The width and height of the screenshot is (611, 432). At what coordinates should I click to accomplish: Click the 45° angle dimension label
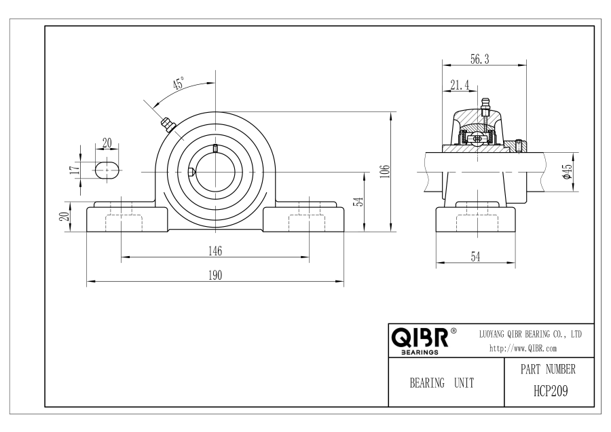179,84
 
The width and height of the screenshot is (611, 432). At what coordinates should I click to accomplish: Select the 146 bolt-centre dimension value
215,251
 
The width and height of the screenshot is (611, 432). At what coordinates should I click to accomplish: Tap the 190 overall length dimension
215,275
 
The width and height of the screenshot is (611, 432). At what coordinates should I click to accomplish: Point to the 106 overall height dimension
385,172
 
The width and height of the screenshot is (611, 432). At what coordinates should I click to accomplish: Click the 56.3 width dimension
480,59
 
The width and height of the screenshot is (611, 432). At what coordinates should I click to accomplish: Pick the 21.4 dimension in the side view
460,85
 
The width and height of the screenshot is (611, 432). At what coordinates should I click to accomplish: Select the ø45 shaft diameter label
567,171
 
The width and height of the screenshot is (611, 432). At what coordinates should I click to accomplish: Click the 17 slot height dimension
74,170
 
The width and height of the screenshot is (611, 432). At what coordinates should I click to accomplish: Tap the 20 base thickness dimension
64,217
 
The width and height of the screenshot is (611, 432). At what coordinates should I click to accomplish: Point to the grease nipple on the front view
168,125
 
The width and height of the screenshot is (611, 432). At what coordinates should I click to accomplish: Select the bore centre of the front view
215,172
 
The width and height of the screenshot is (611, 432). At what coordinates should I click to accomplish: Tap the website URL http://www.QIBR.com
523,348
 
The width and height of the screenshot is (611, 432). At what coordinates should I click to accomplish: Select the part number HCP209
551,391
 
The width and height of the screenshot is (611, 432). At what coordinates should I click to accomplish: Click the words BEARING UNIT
442,383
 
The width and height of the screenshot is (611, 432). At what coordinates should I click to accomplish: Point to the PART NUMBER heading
548,369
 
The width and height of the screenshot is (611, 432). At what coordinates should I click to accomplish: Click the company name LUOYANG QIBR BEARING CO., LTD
530,334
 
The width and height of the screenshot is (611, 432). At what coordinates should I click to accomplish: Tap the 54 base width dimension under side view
475,257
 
